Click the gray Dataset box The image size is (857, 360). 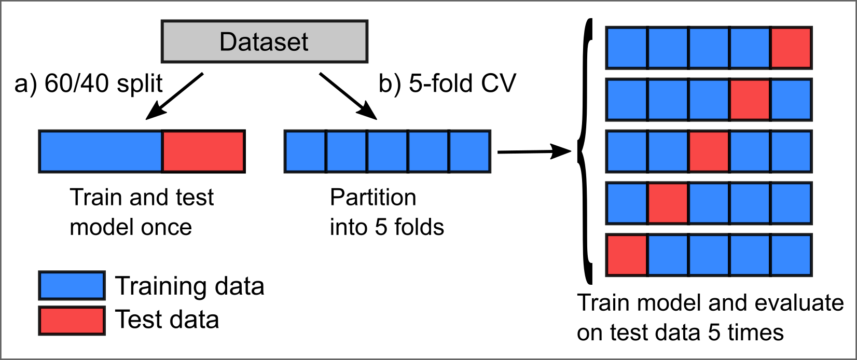[x=265, y=41]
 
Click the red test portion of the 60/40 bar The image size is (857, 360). [x=203, y=151]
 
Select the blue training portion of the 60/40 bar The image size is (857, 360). [x=101, y=151]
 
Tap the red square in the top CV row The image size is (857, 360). [x=791, y=48]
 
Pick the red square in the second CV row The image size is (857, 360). [x=750, y=100]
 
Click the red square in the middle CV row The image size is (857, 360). [x=709, y=151]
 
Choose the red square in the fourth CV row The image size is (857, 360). [x=668, y=203]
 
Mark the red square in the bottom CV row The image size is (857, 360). [x=627, y=255]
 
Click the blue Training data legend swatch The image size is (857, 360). [x=72, y=285]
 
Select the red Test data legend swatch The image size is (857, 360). [x=72, y=320]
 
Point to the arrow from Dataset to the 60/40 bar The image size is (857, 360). [x=175, y=96]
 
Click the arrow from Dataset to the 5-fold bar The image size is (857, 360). [x=348, y=96]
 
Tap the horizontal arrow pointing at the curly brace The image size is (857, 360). [x=534, y=152]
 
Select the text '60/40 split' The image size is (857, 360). [x=103, y=84]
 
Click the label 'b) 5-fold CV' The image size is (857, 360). [x=447, y=84]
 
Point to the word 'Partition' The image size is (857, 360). [x=373, y=198]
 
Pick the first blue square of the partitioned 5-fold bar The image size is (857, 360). [x=306, y=151]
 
